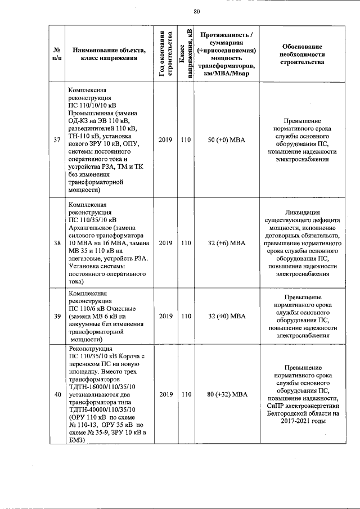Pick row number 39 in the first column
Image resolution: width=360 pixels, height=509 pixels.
point(57,316)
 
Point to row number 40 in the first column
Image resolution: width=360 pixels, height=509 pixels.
point(57,394)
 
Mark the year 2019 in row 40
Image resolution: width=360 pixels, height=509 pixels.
point(165,394)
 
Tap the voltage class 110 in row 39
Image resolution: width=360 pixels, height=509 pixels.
point(186,316)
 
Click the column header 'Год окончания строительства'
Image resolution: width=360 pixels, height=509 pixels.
point(165,55)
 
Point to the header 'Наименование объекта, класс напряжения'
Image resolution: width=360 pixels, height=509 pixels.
point(109,55)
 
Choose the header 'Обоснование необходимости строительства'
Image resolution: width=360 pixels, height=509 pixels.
point(301,54)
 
